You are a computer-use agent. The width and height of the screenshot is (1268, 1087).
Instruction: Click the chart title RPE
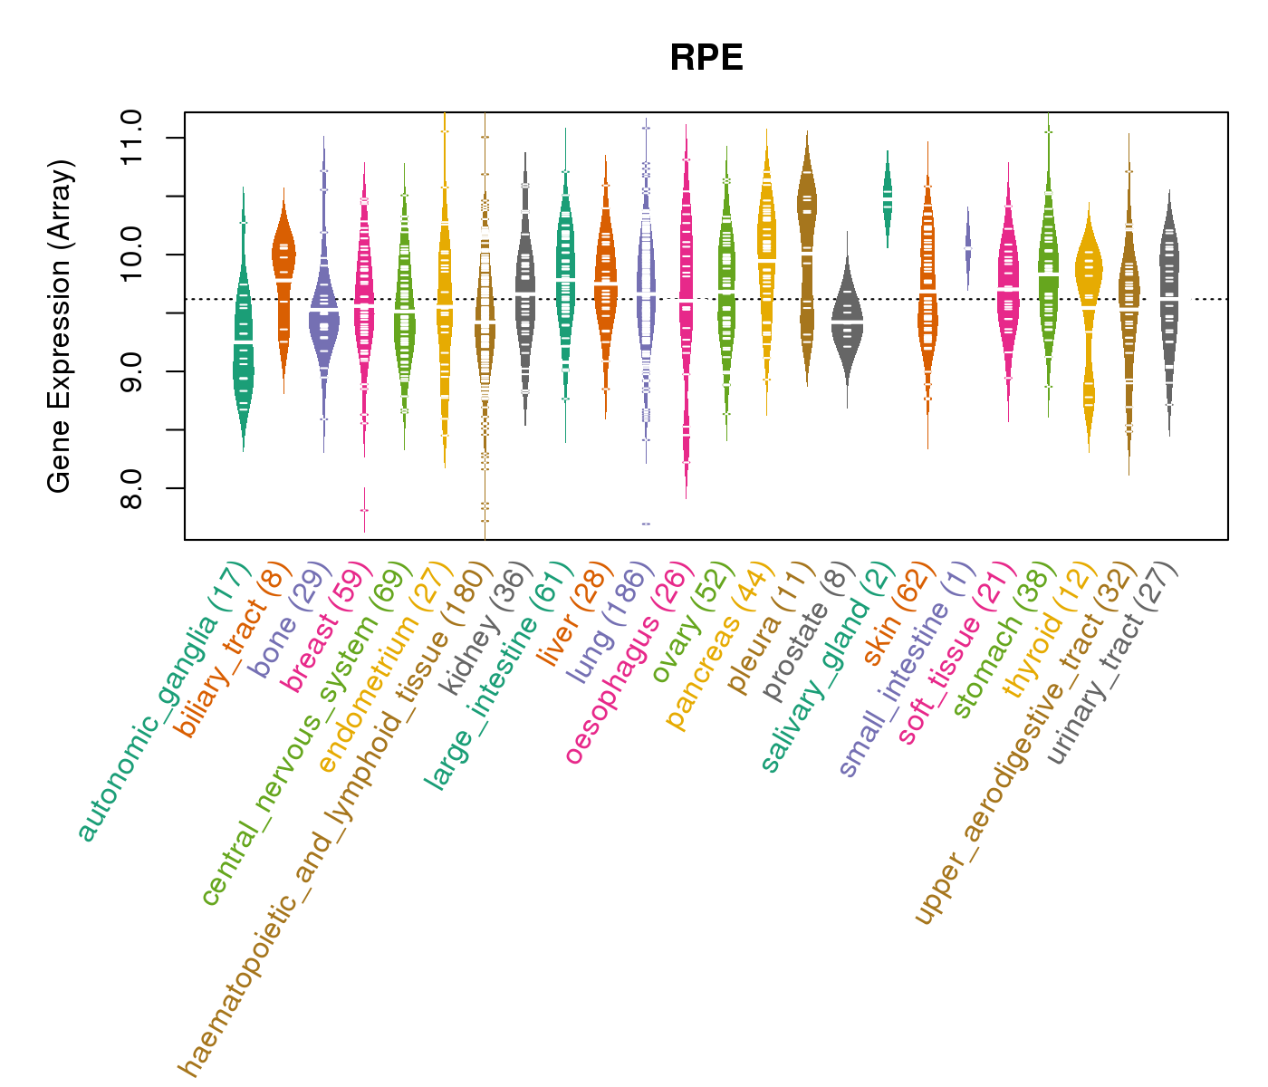[706, 58]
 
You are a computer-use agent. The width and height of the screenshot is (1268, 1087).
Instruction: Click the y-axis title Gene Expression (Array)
[60, 326]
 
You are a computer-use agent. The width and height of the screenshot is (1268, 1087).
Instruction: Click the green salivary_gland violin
[888, 198]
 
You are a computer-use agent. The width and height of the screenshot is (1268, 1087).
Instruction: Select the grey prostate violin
[847, 322]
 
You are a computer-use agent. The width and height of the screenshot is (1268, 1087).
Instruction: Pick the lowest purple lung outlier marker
[646, 524]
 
